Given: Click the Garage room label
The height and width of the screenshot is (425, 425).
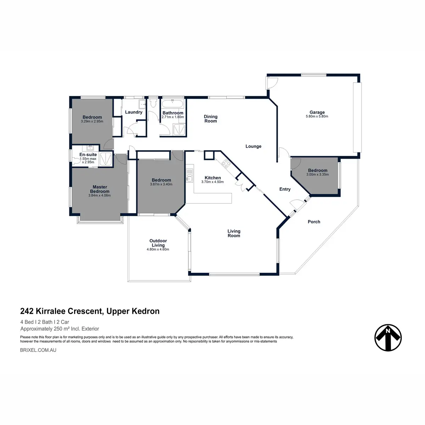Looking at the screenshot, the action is (317, 112).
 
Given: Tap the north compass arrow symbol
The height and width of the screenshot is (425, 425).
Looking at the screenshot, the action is (388, 338).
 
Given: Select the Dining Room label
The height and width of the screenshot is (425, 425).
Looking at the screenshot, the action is (211, 119).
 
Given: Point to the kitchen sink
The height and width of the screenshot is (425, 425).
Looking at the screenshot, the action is (189, 175).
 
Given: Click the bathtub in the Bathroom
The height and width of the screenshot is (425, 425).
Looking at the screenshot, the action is (173, 105).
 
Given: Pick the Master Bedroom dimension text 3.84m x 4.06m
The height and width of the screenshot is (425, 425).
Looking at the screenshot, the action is (100, 195).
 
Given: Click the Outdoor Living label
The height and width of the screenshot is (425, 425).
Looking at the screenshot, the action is (158, 243).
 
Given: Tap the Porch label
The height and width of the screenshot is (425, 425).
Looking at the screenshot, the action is (314, 222).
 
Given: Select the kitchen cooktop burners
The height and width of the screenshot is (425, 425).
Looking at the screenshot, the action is (225, 163).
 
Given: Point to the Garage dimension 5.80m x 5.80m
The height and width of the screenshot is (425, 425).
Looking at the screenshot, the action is (317, 117).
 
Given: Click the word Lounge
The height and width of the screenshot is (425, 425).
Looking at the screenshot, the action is (253, 146).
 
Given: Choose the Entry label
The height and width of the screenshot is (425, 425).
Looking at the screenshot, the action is (285, 189).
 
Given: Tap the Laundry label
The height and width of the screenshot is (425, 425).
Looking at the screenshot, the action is (134, 112).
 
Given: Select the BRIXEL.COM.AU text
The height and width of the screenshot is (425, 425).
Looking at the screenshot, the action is (38, 350).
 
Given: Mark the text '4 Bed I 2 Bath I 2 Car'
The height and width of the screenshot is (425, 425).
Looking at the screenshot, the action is (45, 322).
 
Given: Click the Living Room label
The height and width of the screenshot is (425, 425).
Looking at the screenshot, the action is (234, 233).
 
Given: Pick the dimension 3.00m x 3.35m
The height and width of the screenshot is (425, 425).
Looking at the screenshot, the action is (317, 175).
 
